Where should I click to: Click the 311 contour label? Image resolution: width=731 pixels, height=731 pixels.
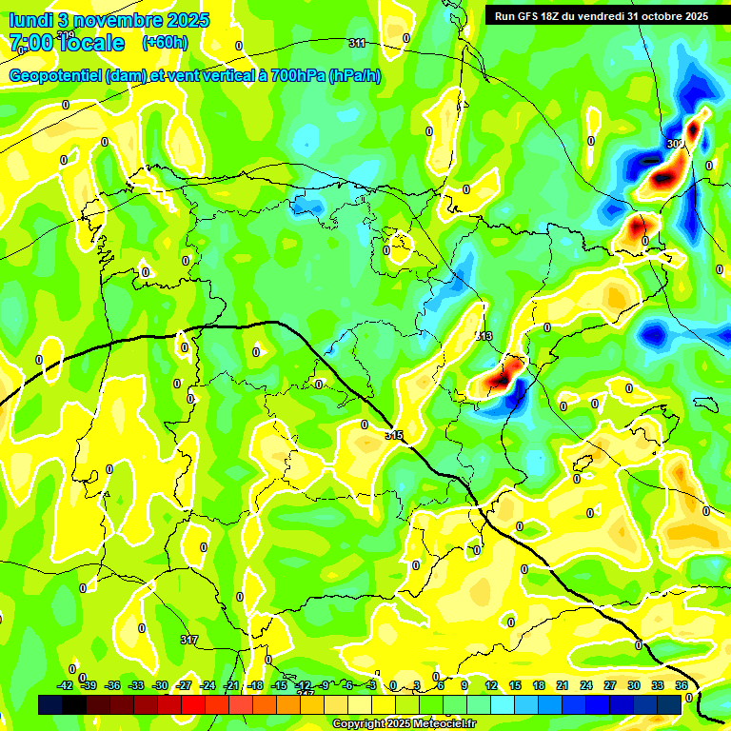tap(357, 43)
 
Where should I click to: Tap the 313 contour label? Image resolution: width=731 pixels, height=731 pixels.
tap(484, 337)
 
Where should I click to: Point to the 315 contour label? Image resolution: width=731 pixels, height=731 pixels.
tap(394, 435)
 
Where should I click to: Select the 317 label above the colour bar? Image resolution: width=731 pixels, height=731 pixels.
tap(189, 641)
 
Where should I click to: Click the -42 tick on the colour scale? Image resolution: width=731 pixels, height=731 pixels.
tap(66, 685)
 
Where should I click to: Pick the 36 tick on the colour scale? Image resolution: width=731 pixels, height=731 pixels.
tap(682, 685)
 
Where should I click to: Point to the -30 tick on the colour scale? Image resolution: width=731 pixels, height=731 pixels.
tap(160, 685)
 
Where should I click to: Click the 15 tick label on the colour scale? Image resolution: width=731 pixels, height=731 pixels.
tap(514, 685)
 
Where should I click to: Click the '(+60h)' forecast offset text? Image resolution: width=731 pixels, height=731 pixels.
tap(165, 43)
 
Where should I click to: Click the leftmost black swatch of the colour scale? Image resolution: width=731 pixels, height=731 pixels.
tap(50, 703)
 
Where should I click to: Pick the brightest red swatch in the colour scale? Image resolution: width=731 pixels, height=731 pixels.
tap(193, 703)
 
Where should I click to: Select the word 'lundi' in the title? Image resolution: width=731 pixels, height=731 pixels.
tap(31, 20)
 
